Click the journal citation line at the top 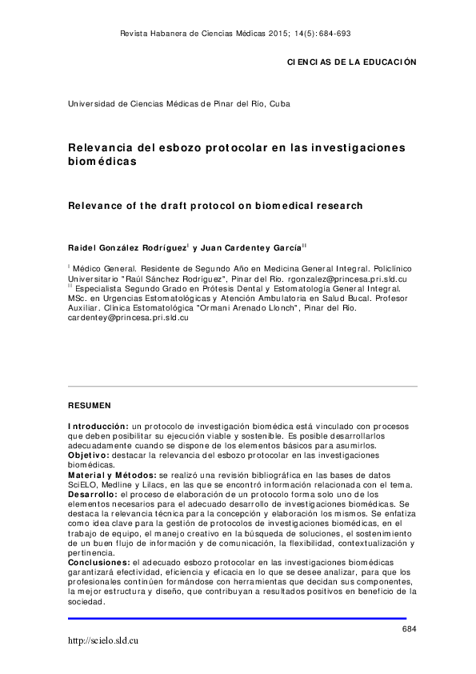pyautogui.click(x=234, y=34)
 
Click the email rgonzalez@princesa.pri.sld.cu pyautogui.click(x=346, y=279)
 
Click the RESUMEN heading pyautogui.click(x=89, y=406)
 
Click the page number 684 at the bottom pyautogui.click(x=409, y=629)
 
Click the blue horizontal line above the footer pyautogui.click(x=237, y=618)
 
